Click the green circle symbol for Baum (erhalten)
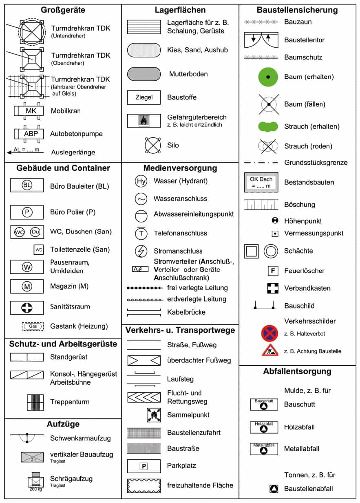coord(268,77)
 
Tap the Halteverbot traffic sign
coord(269,333)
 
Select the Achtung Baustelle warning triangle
coord(269,351)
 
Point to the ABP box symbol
coord(31,134)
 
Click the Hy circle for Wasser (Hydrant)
coord(141,181)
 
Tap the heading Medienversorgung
coord(180,168)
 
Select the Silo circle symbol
coord(153,145)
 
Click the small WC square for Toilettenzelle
coord(39,249)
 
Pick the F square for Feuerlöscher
coord(272,271)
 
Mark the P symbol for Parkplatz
coord(143,466)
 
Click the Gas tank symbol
coord(33,327)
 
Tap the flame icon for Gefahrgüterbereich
coord(144,120)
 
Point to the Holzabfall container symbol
coord(263,427)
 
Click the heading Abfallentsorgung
coord(297,371)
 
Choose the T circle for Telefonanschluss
coord(141,233)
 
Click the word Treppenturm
coord(70,402)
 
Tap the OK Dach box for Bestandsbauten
coord(261,182)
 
